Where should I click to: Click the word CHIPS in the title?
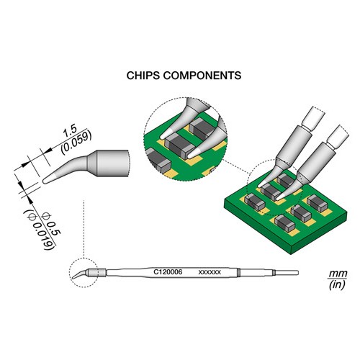click(143, 76)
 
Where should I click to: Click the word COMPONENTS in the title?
click(202, 76)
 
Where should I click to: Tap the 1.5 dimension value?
click(70, 131)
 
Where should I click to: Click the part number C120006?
click(168, 272)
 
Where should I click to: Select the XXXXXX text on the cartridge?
click(210, 272)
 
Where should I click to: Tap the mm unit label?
click(338, 274)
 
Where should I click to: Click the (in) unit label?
click(338, 284)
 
